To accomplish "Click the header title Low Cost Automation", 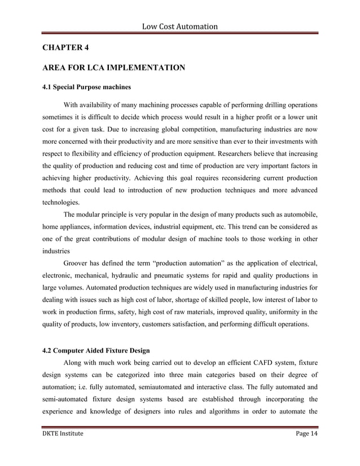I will pos(179,26).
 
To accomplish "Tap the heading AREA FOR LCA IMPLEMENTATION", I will pos(113,68).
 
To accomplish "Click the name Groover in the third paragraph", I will pos(77,263).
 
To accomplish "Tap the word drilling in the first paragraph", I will pos(273,105).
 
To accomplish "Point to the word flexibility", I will pos(82,153).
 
